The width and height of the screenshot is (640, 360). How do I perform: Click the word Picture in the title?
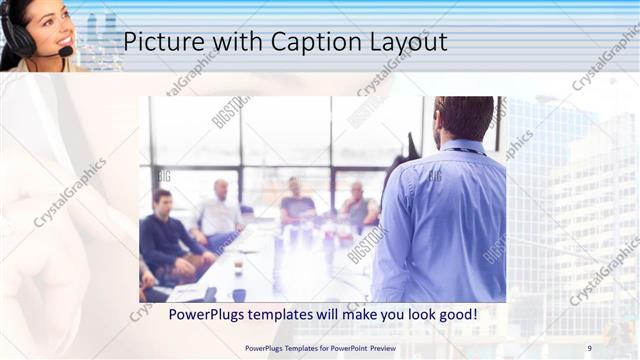click(164, 42)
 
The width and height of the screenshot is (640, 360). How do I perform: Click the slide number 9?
click(589, 347)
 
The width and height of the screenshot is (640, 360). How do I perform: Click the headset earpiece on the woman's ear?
click(19, 35)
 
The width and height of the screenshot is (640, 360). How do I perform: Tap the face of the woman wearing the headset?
click(44, 25)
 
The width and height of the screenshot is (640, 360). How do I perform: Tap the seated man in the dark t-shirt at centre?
click(296, 204)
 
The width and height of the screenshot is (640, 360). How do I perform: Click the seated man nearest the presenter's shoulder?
click(358, 207)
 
